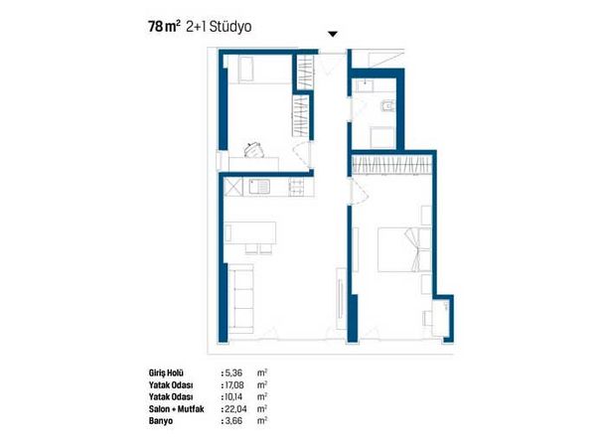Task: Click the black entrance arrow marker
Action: click(333, 34)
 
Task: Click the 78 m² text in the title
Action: click(164, 26)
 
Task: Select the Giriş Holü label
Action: click(166, 373)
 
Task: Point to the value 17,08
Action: click(233, 385)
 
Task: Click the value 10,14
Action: click(233, 396)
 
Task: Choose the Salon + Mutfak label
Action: click(176, 408)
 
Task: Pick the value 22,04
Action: click(235, 408)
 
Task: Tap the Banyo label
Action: click(161, 421)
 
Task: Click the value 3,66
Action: click(233, 421)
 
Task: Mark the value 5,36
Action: click(233, 373)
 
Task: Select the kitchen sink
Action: click(259, 187)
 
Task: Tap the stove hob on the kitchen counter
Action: click(296, 187)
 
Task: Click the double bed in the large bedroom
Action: click(404, 249)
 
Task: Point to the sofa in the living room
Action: click(240, 298)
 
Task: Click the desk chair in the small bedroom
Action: click(254, 150)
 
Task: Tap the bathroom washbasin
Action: click(365, 85)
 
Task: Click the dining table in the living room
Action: click(250, 233)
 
